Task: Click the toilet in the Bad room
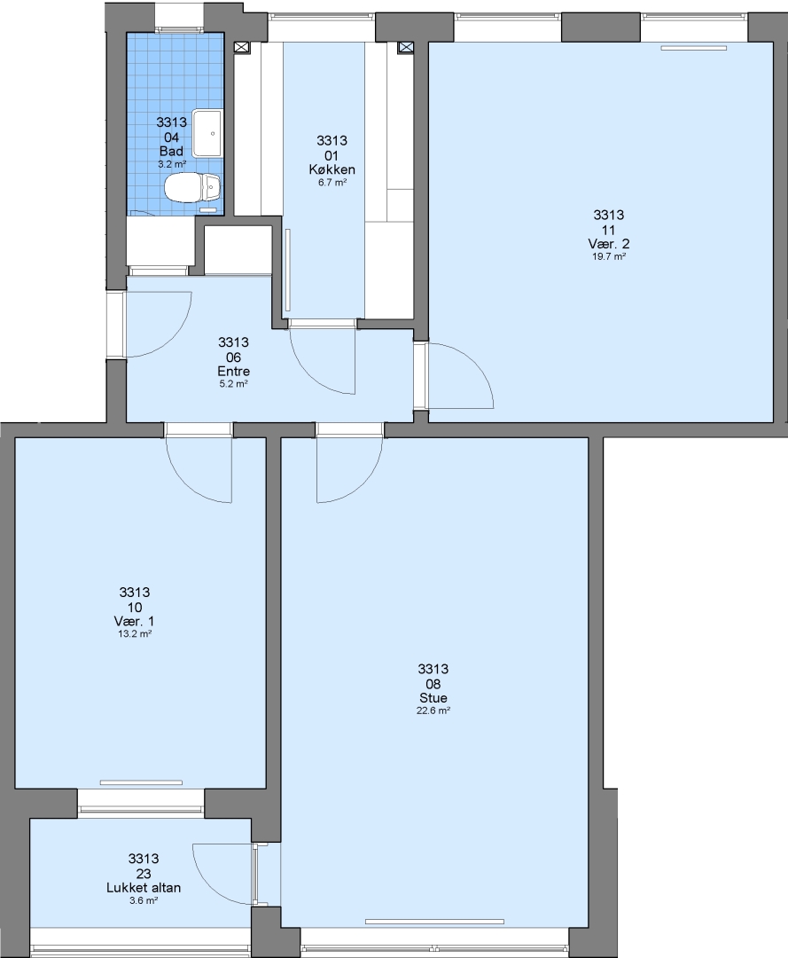[192, 186]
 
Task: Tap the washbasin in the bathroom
[207, 133]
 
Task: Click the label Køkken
[332, 169]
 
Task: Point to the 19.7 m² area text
[609, 256]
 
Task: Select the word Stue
[433, 698]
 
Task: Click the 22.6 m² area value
[433, 711]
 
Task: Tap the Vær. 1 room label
[134, 621]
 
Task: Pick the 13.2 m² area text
[134, 634]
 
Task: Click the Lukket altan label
[144, 888]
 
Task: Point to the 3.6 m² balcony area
[144, 900]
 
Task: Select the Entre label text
[233, 372]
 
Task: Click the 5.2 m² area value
[233, 384]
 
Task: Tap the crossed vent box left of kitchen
[242, 47]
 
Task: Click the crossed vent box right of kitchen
[406, 47]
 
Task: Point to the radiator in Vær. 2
[694, 48]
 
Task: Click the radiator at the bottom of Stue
[434, 922]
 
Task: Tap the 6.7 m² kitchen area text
[332, 183]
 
